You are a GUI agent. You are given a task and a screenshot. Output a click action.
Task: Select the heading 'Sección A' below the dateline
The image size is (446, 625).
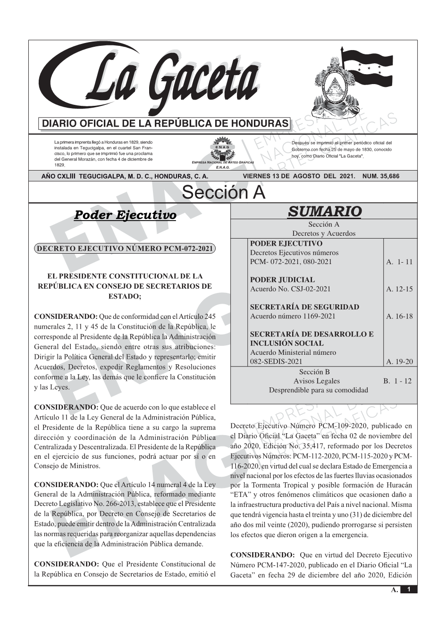click(223, 193)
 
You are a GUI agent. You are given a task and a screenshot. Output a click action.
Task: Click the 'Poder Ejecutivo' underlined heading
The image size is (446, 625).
click(125, 215)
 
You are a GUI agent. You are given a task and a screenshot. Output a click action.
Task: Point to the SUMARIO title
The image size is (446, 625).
click(324, 211)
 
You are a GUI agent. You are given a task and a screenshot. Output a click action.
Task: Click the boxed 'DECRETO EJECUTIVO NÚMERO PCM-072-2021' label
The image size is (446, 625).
click(125, 248)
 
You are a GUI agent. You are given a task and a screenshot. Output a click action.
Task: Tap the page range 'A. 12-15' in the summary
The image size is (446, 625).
click(399, 289)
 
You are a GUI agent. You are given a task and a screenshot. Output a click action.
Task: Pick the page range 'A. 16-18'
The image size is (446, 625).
click(399, 317)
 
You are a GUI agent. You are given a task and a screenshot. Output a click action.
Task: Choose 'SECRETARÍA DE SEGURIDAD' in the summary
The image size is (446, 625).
click(304, 307)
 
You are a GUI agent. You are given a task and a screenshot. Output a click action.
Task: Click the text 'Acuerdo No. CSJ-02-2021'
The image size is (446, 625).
click(290, 289)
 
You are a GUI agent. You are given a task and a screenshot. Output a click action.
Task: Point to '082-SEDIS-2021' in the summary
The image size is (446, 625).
click(276, 362)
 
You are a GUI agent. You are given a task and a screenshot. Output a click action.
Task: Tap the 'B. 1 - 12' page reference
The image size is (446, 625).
click(397, 381)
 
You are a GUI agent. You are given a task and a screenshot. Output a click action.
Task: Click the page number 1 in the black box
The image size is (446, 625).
click(409, 590)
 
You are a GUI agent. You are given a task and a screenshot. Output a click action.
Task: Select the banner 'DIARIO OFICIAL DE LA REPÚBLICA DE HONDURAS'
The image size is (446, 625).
click(165, 124)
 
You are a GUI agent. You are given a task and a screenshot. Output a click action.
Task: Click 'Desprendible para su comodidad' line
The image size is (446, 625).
click(318, 390)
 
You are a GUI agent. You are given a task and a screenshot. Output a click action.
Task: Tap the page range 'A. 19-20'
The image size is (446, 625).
click(399, 362)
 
